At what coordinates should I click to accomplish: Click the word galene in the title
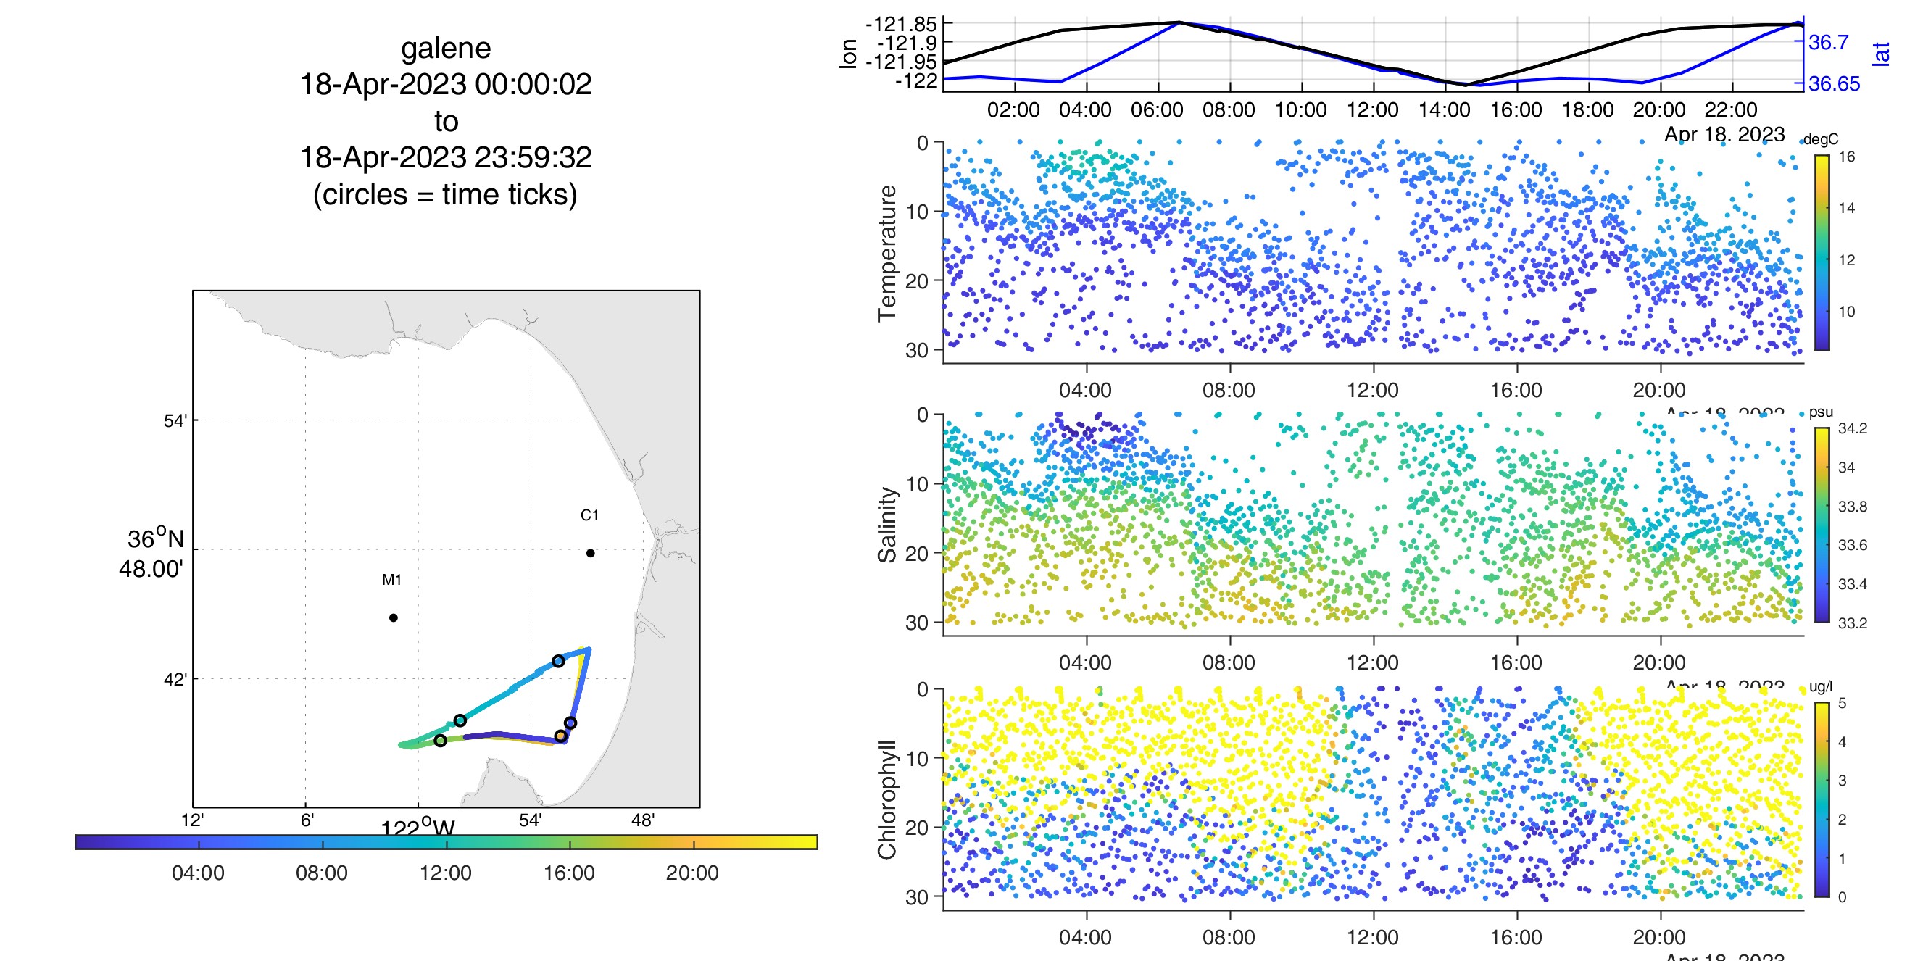point(446,49)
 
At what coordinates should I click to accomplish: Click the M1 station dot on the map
point(394,617)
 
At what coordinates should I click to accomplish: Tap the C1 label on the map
point(589,515)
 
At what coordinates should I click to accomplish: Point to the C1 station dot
point(591,553)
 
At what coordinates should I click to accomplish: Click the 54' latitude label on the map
point(175,421)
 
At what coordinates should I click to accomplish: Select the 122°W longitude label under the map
point(418,828)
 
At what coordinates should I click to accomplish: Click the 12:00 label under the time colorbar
point(446,873)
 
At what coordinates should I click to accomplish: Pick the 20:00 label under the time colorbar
point(692,873)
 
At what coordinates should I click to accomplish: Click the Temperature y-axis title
point(887,253)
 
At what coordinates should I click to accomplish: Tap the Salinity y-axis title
point(887,525)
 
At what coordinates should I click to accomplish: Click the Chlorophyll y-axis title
point(887,799)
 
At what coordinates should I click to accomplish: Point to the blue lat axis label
point(1881,54)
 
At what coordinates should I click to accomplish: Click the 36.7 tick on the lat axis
point(1828,43)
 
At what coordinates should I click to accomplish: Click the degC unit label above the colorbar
point(1821,140)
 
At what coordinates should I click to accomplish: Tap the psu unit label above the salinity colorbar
point(1821,412)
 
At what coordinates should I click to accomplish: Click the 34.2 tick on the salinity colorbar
point(1852,428)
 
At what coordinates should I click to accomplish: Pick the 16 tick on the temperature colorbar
point(1847,157)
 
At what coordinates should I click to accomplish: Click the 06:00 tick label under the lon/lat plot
point(1156,110)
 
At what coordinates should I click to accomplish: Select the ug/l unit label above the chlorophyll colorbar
point(1821,686)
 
